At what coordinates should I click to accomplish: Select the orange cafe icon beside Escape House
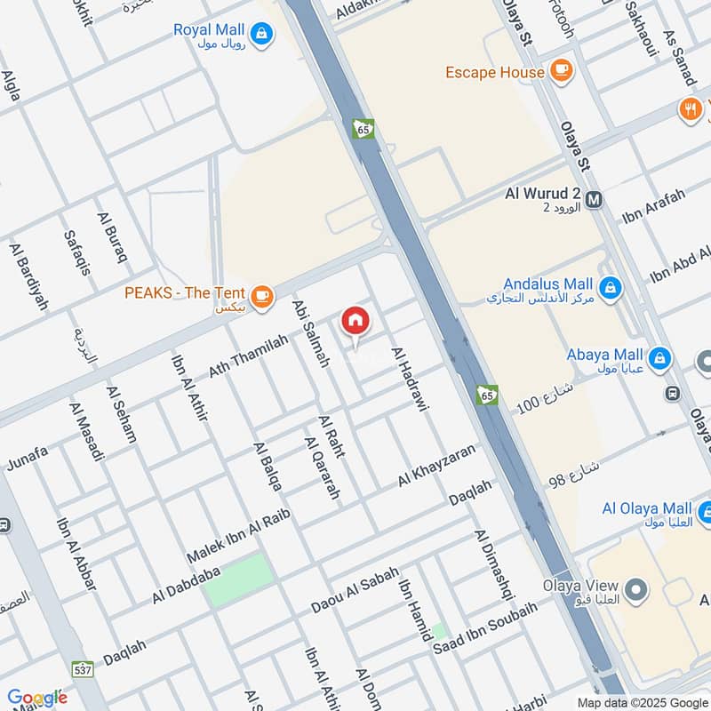click(x=561, y=70)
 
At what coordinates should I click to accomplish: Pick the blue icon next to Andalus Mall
click(x=610, y=287)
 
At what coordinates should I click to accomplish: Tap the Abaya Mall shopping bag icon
click(x=659, y=359)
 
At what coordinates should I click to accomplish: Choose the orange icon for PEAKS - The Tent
click(x=260, y=297)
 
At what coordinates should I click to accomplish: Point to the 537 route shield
click(x=81, y=667)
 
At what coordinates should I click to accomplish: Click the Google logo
click(x=36, y=697)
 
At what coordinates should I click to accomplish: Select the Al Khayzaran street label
click(x=436, y=465)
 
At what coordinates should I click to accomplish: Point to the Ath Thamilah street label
click(x=249, y=355)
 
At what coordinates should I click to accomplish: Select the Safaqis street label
click(x=76, y=252)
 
